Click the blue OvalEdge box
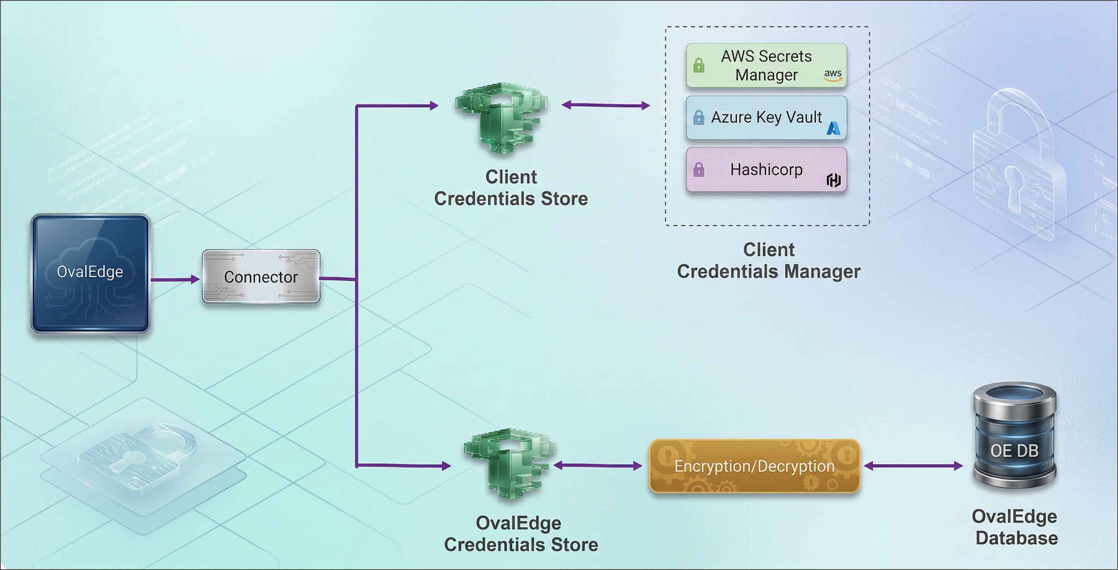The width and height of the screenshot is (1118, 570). point(90,274)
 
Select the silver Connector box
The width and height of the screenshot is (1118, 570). point(261,277)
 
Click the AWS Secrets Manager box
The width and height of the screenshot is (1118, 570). point(766,66)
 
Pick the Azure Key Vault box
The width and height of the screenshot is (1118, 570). point(766,118)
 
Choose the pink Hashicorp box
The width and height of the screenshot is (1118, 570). point(766,170)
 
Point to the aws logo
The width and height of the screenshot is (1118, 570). point(833,75)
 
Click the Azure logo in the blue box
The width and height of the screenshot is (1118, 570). point(833,128)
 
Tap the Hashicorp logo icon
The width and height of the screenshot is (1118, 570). point(833,180)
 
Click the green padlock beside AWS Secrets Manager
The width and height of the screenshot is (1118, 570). point(699,66)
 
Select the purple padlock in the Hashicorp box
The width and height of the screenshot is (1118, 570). point(699,170)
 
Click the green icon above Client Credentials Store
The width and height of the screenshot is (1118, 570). point(501,117)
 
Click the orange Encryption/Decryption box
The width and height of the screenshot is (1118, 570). point(754,466)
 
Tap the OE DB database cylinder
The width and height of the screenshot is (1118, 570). point(1015,437)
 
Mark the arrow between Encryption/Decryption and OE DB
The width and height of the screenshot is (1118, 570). point(913,466)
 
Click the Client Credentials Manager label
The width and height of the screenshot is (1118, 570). point(768,261)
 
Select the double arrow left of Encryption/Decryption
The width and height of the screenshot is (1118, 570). point(598,466)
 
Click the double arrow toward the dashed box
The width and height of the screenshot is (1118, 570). point(605,105)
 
